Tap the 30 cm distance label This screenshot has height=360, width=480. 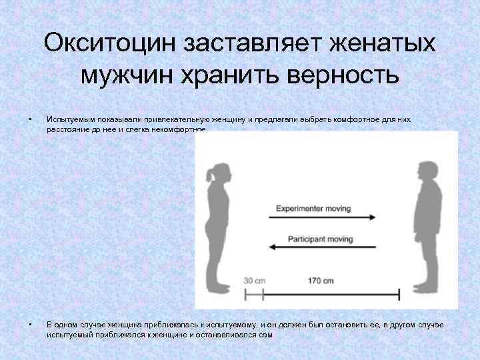(x=253, y=281)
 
